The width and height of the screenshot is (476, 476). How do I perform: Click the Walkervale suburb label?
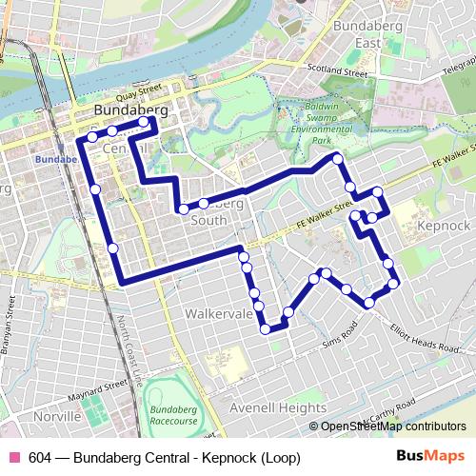(x=218, y=312)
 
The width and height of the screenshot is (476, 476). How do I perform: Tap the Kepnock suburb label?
(x=444, y=225)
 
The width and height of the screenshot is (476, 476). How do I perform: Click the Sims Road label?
(x=338, y=332)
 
